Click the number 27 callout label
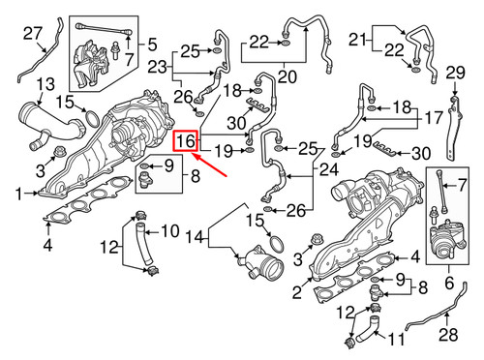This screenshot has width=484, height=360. (x=33, y=36)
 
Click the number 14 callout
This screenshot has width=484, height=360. (x=195, y=235)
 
